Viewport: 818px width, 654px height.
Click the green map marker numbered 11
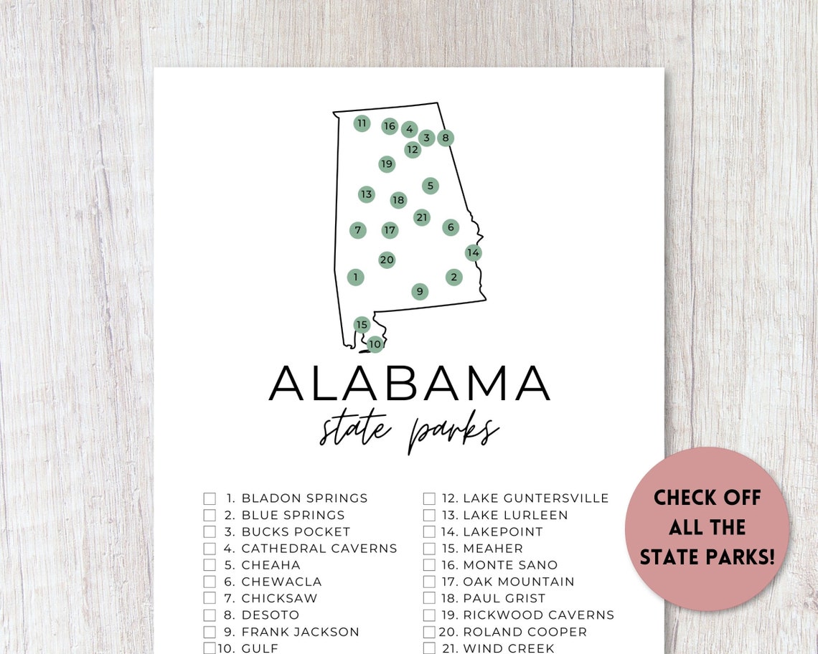(362, 123)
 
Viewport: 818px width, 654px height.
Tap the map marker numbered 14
(473, 252)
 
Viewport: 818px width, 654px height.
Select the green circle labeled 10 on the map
(375, 344)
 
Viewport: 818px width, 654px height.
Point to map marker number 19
(387, 164)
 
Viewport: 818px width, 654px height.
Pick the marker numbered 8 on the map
(446, 138)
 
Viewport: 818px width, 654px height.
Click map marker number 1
(355, 277)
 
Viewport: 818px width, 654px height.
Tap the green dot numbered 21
(422, 217)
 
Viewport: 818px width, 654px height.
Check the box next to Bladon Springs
(210, 498)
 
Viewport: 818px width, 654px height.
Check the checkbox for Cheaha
(210, 565)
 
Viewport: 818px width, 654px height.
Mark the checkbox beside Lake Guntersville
(429, 498)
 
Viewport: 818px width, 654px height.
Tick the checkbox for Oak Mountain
(429, 582)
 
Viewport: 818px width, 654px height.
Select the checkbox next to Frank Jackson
(210, 632)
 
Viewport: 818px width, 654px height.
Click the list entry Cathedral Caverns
(319, 549)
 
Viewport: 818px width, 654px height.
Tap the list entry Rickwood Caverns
(538, 615)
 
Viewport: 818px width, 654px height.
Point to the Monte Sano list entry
(509, 565)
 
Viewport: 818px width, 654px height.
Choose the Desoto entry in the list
(270, 615)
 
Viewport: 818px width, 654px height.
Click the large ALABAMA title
(409, 384)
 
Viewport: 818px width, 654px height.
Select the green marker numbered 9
(420, 291)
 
